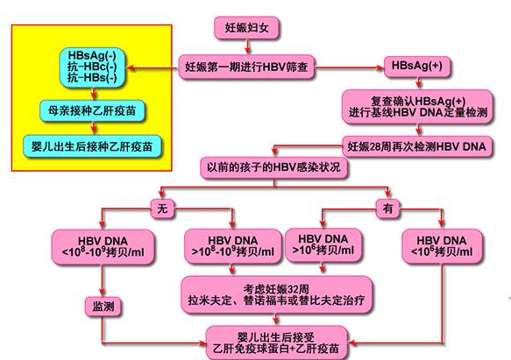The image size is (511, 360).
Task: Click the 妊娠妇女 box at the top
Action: (247, 28)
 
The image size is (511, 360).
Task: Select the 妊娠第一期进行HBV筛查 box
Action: (248, 66)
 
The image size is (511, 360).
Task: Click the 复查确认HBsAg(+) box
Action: (417, 105)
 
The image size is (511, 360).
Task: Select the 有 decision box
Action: (387, 210)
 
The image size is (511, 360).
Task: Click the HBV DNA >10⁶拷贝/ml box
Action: (323, 247)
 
